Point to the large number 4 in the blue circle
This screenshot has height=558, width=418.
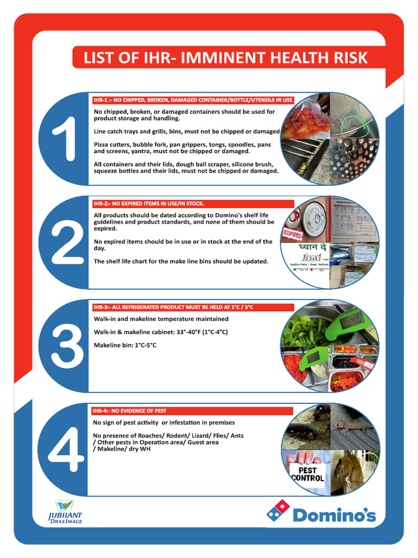(66, 449)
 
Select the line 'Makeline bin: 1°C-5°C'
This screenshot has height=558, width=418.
(125, 345)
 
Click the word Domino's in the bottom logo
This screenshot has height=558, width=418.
(334, 514)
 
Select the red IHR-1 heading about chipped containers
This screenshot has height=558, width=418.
(193, 100)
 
